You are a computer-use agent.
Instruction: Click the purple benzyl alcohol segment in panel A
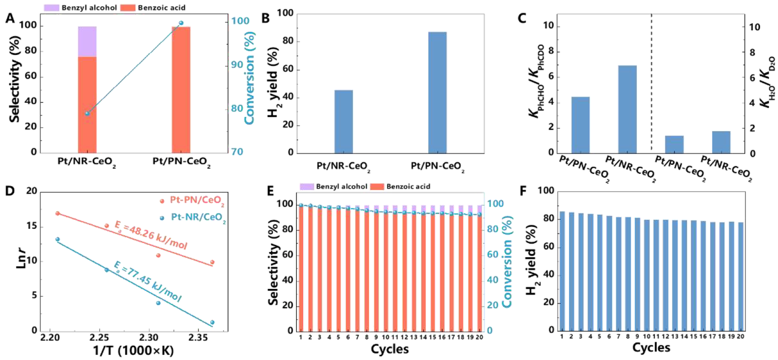(x=87, y=41)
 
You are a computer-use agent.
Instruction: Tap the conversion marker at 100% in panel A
(x=181, y=23)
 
